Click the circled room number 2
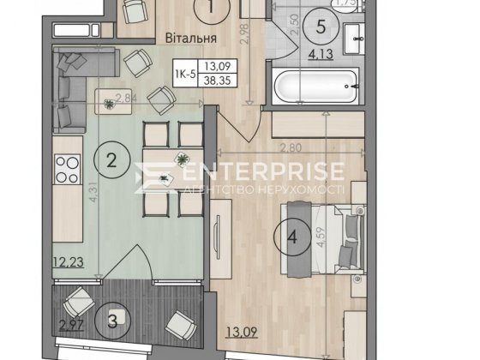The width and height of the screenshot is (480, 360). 111,159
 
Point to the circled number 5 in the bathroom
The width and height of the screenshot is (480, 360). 321,27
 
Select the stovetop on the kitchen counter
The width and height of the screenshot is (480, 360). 65,169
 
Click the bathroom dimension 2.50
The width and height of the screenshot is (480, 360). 294,24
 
